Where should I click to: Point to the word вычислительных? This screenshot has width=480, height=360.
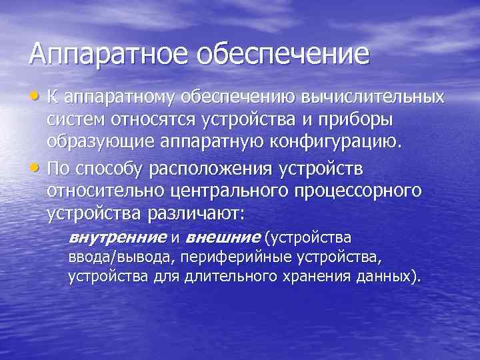tap(373, 98)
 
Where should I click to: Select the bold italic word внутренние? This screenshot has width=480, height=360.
tap(117, 238)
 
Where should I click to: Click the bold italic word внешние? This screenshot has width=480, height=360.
tap(223, 238)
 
